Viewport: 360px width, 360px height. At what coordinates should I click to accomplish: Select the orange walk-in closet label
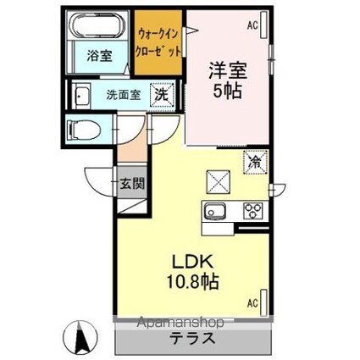tap(158, 42)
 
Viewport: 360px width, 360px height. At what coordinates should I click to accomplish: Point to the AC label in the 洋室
tap(252, 26)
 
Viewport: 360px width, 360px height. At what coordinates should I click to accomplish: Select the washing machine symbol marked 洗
tap(160, 96)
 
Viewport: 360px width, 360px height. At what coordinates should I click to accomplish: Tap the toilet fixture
tap(86, 130)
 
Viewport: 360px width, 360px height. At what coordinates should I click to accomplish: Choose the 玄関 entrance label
tap(131, 182)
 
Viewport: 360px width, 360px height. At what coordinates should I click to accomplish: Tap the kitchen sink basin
tap(213, 212)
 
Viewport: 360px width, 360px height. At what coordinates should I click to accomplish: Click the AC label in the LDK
tap(252, 302)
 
